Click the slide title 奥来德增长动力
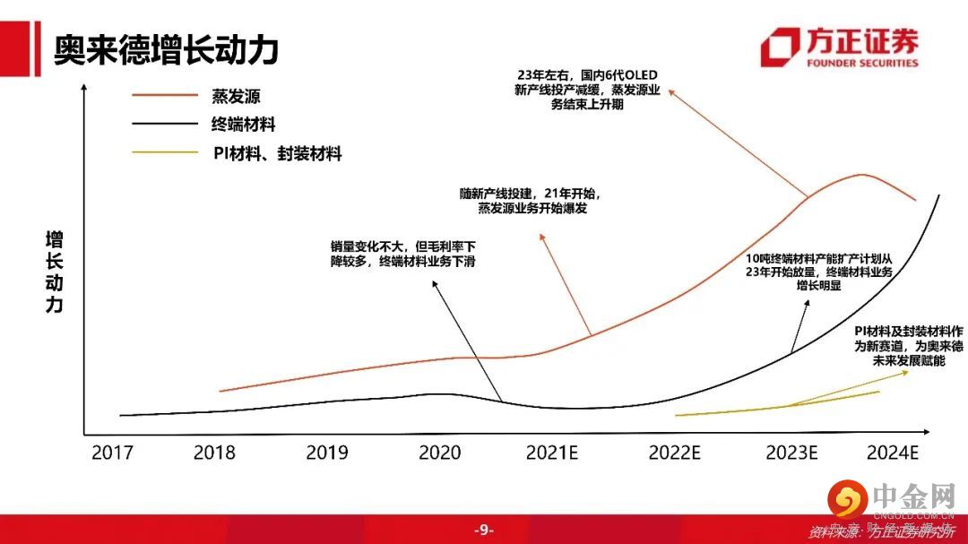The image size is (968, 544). coord(166,49)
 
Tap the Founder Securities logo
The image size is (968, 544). coord(839,47)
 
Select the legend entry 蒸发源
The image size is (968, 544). coord(237,97)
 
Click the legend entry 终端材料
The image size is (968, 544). coord(248,125)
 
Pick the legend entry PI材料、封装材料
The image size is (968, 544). coord(277,154)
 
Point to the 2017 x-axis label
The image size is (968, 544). coord(112,453)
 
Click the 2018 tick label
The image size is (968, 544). coord(215,453)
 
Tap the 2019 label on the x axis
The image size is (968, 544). coord(327,453)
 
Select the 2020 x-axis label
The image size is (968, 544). coord(440,453)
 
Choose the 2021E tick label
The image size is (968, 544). coord(551,453)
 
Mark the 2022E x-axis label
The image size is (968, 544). coord(675,453)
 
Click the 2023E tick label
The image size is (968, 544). coord(791,453)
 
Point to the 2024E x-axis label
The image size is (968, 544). coord(893,453)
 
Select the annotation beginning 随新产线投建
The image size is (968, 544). coord(526,201)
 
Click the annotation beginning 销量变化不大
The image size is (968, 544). coord(402,253)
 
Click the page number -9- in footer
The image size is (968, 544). coord(484,530)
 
